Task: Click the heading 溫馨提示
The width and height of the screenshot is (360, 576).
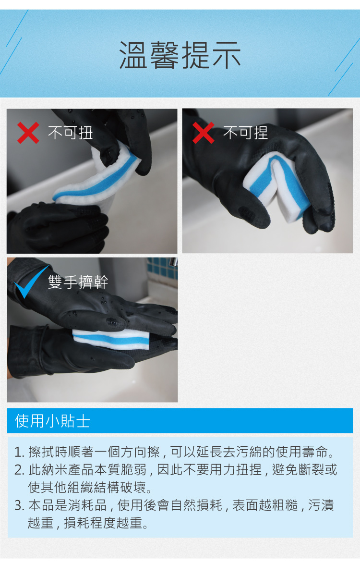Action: [180, 55]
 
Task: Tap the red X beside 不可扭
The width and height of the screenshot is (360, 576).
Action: [28, 133]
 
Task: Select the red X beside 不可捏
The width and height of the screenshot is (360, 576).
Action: [204, 133]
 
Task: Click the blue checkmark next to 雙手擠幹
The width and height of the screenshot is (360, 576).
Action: [32, 282]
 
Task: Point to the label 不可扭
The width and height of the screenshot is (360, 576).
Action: [71, 133]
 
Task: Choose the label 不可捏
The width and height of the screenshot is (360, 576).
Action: [245, 133]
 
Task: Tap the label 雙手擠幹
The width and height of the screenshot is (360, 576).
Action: [78, 282]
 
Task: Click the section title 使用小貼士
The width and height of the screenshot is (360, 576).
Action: [52, 421]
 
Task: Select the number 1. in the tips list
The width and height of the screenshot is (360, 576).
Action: [20, 452]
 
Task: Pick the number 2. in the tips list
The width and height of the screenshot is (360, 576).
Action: [20, 470]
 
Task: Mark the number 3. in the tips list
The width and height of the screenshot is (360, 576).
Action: [20, 505]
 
